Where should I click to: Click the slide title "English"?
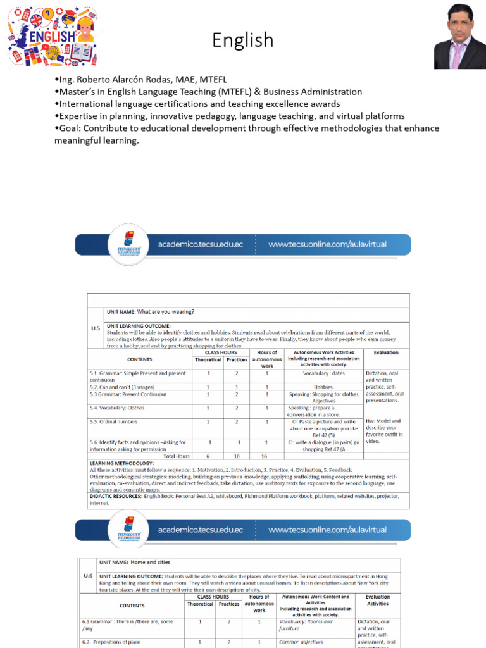click(x=243, y=40)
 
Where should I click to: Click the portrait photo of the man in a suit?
click(x=459, y=36)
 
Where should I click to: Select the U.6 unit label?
click(x=88, y=576)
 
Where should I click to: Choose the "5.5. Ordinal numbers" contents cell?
click(x=113, y=421)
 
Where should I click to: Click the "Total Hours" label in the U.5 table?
click(x=177, y=456)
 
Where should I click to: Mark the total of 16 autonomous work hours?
click(x=266, y=456)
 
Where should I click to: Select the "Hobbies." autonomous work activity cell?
click(x=323, y=387)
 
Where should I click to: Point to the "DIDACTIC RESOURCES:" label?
click(x=115, y=497)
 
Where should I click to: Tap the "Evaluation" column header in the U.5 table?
click(x=386, y=352)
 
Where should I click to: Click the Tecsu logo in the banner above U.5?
click(x=129, y=244)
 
